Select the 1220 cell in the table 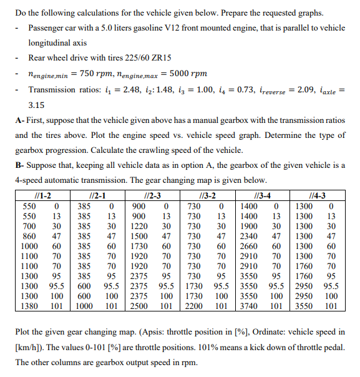click(x=140, y=227)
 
